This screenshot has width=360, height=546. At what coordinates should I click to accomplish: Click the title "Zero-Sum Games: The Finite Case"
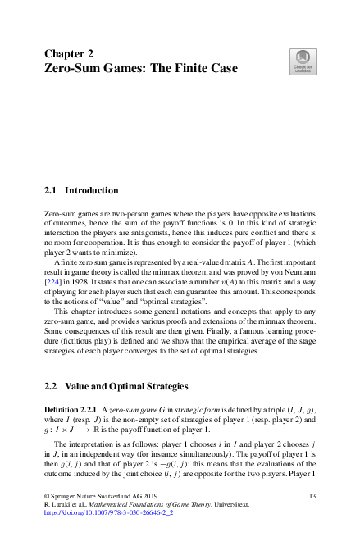tap(140, 69)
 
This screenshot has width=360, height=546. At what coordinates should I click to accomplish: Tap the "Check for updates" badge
tap(303, 62)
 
